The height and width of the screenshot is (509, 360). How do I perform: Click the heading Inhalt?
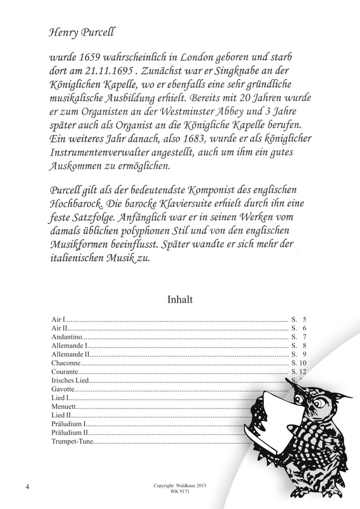(180, 299)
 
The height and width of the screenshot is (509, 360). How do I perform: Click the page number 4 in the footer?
(28, 487)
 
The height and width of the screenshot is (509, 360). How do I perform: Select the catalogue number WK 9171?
(180, 492)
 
